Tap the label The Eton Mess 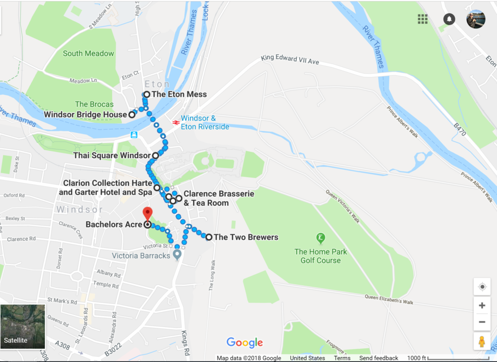coord(179,94)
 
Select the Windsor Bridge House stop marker coord(132,115)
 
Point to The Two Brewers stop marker coord(209,237)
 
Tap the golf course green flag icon coord(320,238)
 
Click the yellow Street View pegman coord(481,342)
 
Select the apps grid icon coord(423,19)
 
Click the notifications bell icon coord(449,19)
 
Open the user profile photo coord(476,19)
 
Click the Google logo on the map coord(245,343)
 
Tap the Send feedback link coord(379,358)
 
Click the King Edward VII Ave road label coord(290,60)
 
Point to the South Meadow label coord(88,53)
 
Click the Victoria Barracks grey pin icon coord(178,254)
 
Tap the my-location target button coord(482,287)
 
